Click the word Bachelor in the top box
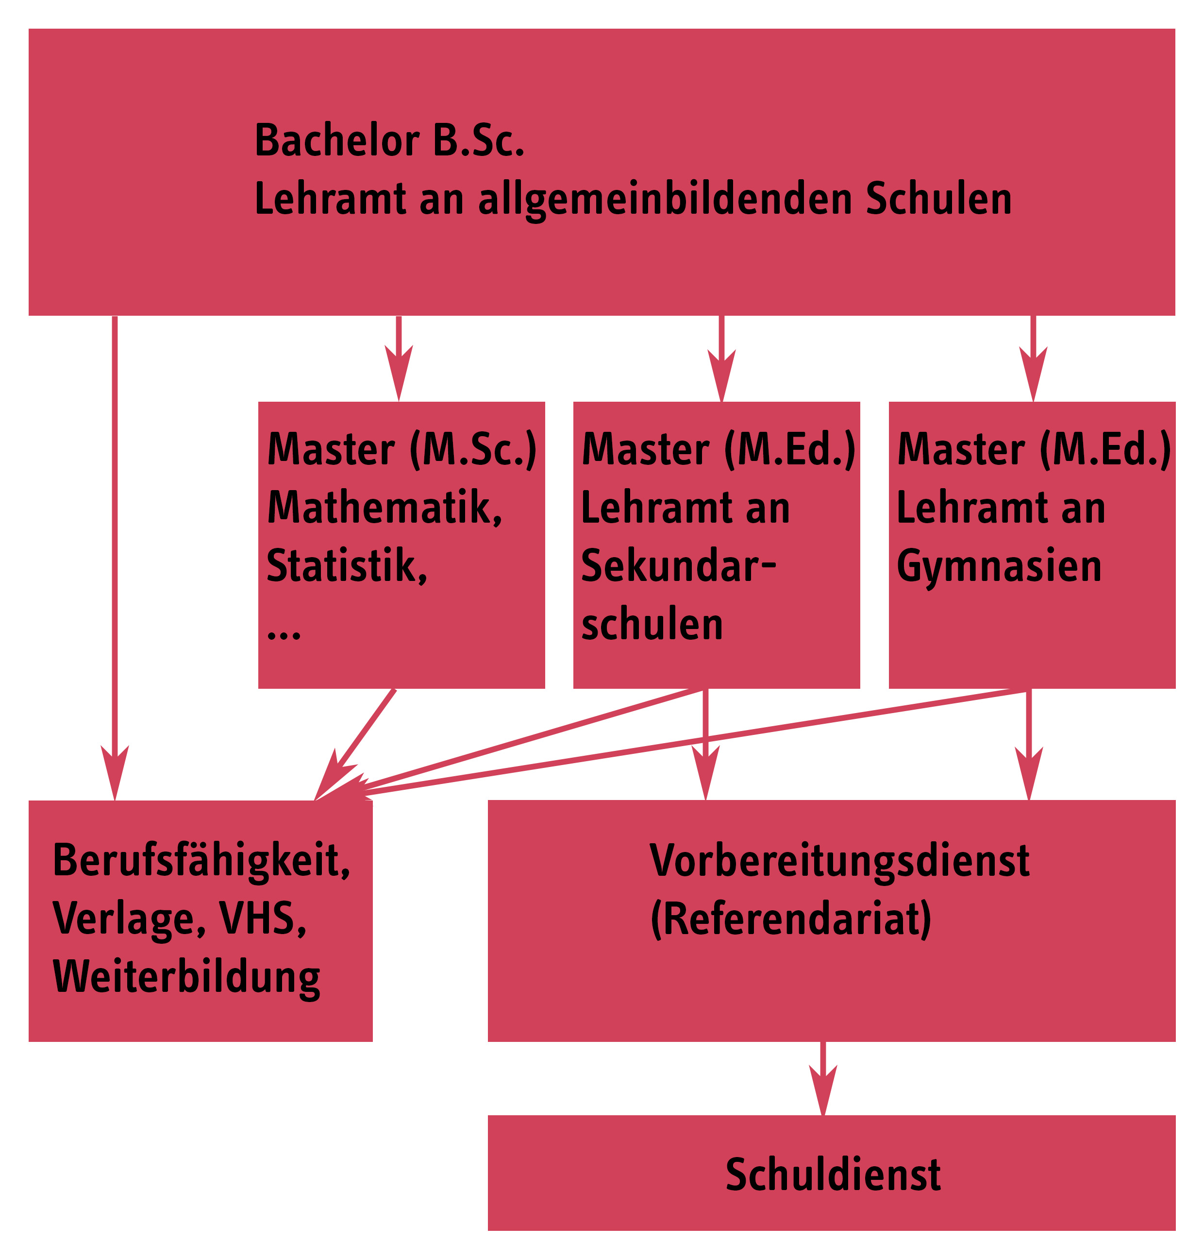[336, 140]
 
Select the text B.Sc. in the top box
[478, 140]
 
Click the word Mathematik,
[385, 507]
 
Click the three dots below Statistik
[284, 635]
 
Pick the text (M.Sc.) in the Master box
[473, 449]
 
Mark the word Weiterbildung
[186, 977]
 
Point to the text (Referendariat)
[791, 919]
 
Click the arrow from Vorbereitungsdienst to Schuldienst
[823, 1078]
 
